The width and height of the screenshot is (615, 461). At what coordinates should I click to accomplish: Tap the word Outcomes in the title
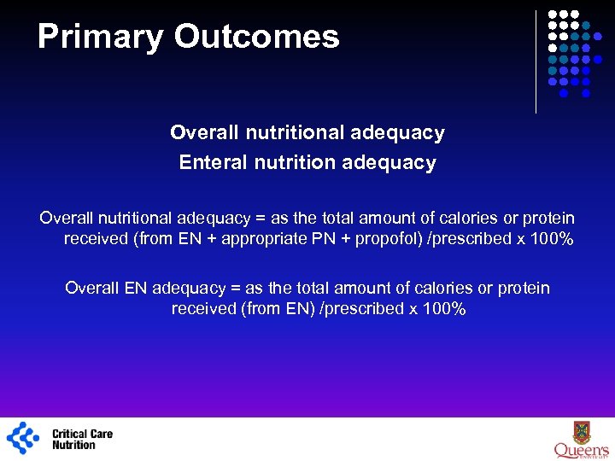tap(257, 37)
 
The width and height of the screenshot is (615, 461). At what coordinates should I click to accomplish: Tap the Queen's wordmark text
tap(582, 450)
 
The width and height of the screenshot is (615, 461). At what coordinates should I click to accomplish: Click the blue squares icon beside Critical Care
tap(23, 438)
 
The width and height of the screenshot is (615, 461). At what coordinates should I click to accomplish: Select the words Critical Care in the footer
tap(82, 434)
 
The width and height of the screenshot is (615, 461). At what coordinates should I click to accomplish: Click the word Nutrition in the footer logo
tap(74, 445)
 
